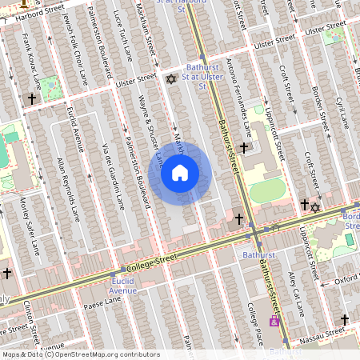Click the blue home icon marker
point(180,172)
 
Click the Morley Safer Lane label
point(30,226)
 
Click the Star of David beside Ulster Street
point(170,78)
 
